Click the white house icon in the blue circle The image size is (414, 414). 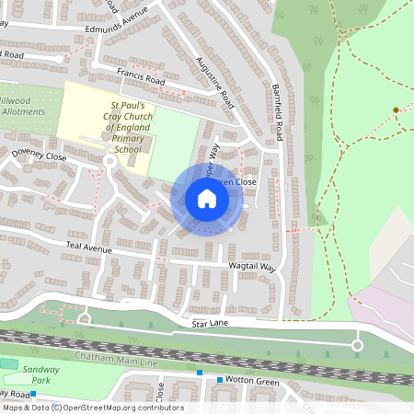pos(207,199)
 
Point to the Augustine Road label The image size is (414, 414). pos(216,81)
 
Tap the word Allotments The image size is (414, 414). pos(22,111)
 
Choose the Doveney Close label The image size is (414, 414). pos(39,157)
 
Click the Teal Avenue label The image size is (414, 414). pos(87,248)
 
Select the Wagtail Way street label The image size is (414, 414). pos(253,267)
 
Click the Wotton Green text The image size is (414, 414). pos(254,379)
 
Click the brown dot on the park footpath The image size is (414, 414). pos(396,110)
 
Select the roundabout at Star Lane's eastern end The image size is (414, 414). pos(357,345)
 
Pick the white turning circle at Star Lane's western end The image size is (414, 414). pos(84,318)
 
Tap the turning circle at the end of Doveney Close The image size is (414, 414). pos(109,161)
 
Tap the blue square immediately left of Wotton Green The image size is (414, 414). pos(220,379)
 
